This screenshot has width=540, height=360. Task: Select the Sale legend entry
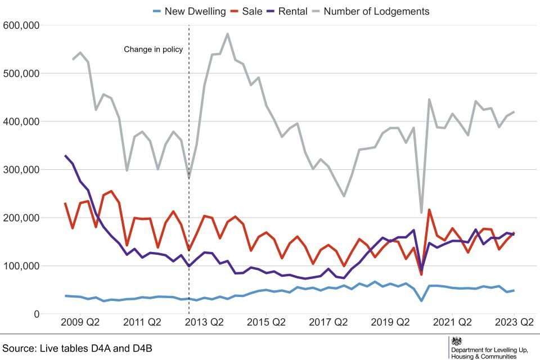[252, 11]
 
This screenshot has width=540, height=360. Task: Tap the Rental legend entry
[293, 11]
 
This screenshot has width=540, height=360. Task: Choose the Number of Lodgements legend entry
[376, 11]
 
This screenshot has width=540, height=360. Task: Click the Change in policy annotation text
[154, 49]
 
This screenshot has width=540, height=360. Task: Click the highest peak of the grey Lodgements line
[227, 34]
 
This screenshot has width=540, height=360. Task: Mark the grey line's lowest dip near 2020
[421, 213]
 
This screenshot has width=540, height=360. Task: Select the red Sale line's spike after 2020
[429, 210]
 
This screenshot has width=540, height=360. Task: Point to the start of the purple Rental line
[65, 156]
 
